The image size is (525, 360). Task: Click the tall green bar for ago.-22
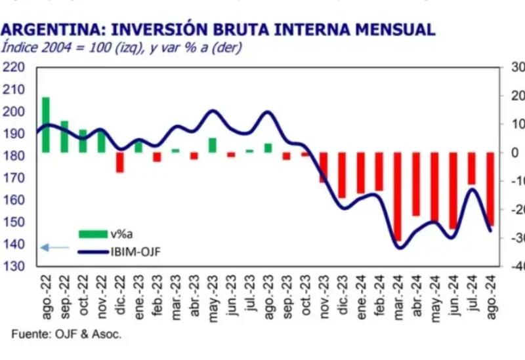(46, 125)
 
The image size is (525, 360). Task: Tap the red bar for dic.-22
(120, 162)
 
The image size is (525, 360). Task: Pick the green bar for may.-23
(213, 145)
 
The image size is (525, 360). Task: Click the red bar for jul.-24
(471, 169)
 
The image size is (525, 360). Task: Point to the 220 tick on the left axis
(14, 67)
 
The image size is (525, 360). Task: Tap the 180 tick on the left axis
(14, 155)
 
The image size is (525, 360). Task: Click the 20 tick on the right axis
(515, 96)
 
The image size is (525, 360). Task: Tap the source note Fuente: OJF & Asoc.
(66, 334)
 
